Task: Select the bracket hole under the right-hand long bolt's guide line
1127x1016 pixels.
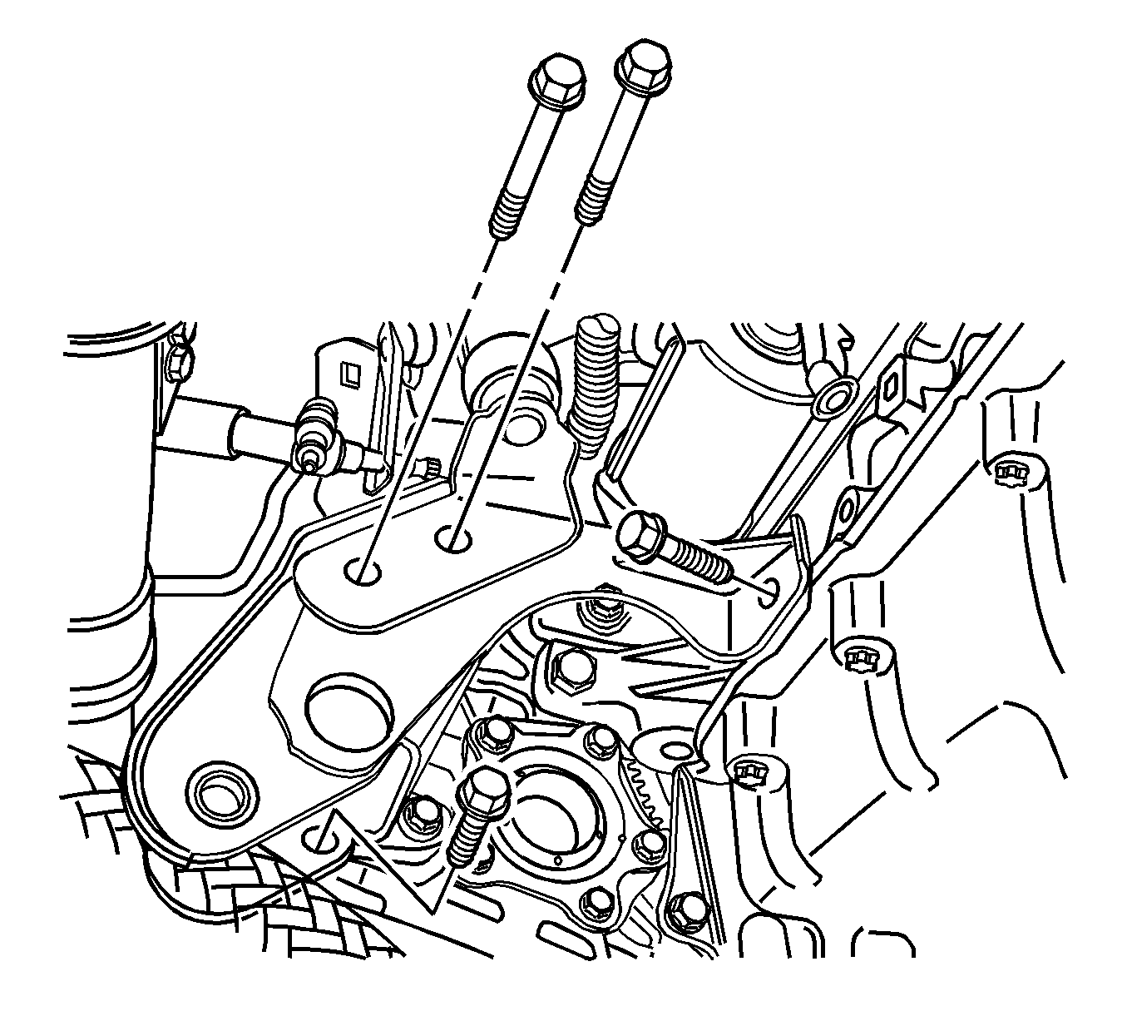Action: [x=452, y=540]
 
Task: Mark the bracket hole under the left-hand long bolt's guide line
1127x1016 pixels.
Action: [x=363, y=571]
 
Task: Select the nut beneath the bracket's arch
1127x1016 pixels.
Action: [x=602, y=617]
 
